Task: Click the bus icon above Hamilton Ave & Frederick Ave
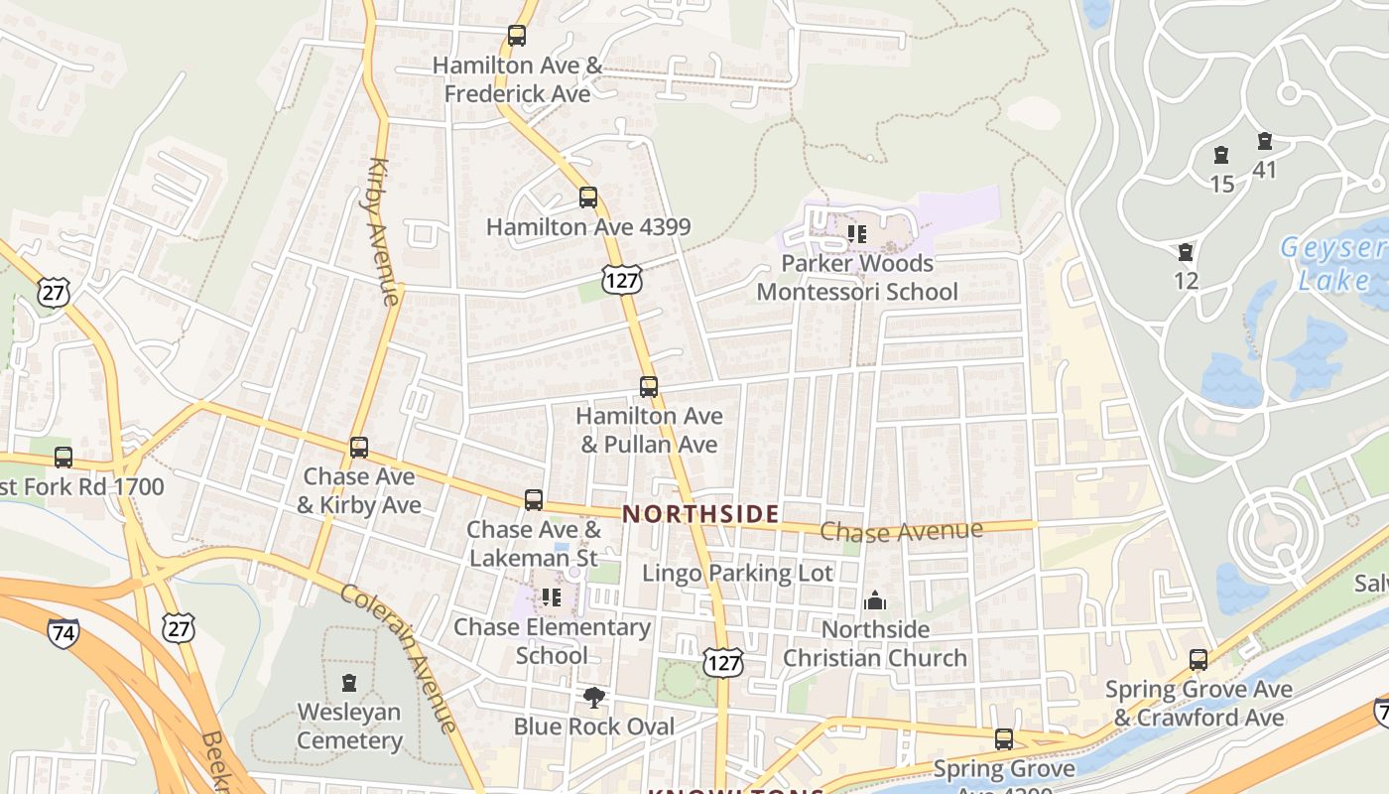(516, 36)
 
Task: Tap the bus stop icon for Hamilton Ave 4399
(588, 198)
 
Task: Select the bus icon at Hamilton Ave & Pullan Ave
(648, 386)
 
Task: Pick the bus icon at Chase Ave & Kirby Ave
(359, 448)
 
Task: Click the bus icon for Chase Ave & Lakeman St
(534, 499)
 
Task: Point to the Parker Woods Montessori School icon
(857, 234)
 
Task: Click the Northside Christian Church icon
(874, 600)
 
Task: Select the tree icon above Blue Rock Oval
(593, 698)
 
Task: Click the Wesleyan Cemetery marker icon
(349, 683)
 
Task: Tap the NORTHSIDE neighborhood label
(700, 514)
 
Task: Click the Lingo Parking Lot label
(737, 573)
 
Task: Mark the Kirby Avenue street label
(383, 230)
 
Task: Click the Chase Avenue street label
(901, 532)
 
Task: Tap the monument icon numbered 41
(1264, 142)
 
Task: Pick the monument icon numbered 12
(1185, 252)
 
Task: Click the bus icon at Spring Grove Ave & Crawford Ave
(1199, 659)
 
